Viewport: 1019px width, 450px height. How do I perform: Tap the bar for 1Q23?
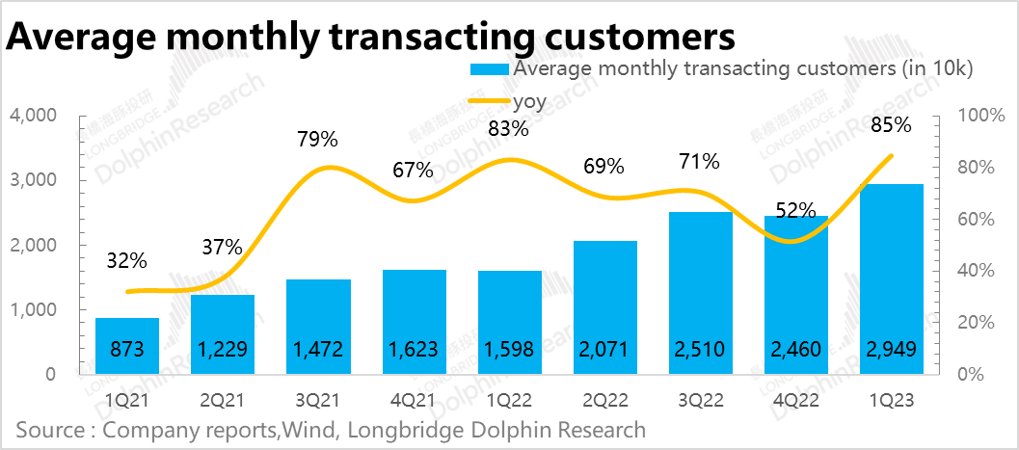[892, 279]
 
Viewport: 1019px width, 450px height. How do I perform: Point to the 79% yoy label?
[318, 139]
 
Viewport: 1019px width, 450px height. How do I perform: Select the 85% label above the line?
[891, 124]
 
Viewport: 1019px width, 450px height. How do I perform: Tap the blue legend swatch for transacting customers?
[489, 69]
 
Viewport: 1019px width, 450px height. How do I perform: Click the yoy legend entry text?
[529, 98]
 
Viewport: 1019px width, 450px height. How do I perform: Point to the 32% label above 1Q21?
[126, 260]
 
